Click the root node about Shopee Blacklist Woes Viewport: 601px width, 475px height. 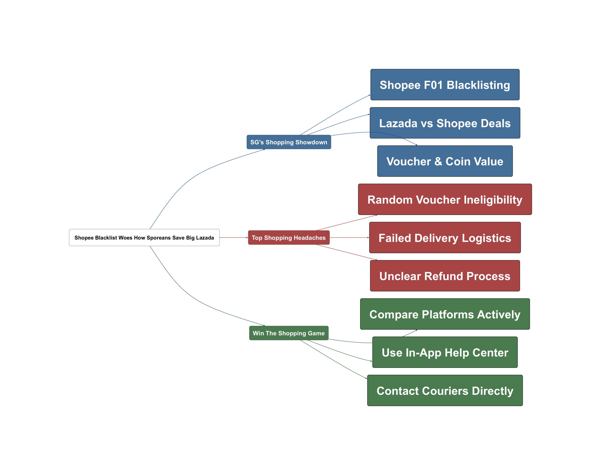144,237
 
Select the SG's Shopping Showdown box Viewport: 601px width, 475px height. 289,142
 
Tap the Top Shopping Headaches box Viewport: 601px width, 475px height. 289,237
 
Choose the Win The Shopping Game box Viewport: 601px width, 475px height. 289,333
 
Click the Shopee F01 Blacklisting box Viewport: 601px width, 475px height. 445,84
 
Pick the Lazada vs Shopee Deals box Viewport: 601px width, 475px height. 445,123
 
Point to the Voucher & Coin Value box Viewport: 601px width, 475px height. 445,161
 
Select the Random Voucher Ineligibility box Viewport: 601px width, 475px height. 445,199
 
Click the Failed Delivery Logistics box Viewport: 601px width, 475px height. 445,237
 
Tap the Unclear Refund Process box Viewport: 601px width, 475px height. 445,276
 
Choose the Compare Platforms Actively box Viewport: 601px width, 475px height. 445,314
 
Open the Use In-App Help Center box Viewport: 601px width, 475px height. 445,352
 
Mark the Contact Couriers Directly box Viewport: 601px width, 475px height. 445,391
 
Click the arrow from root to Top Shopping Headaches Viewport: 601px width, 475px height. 234,237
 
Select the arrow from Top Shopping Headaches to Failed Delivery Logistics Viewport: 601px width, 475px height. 349,237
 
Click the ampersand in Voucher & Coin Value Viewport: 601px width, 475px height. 438,161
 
